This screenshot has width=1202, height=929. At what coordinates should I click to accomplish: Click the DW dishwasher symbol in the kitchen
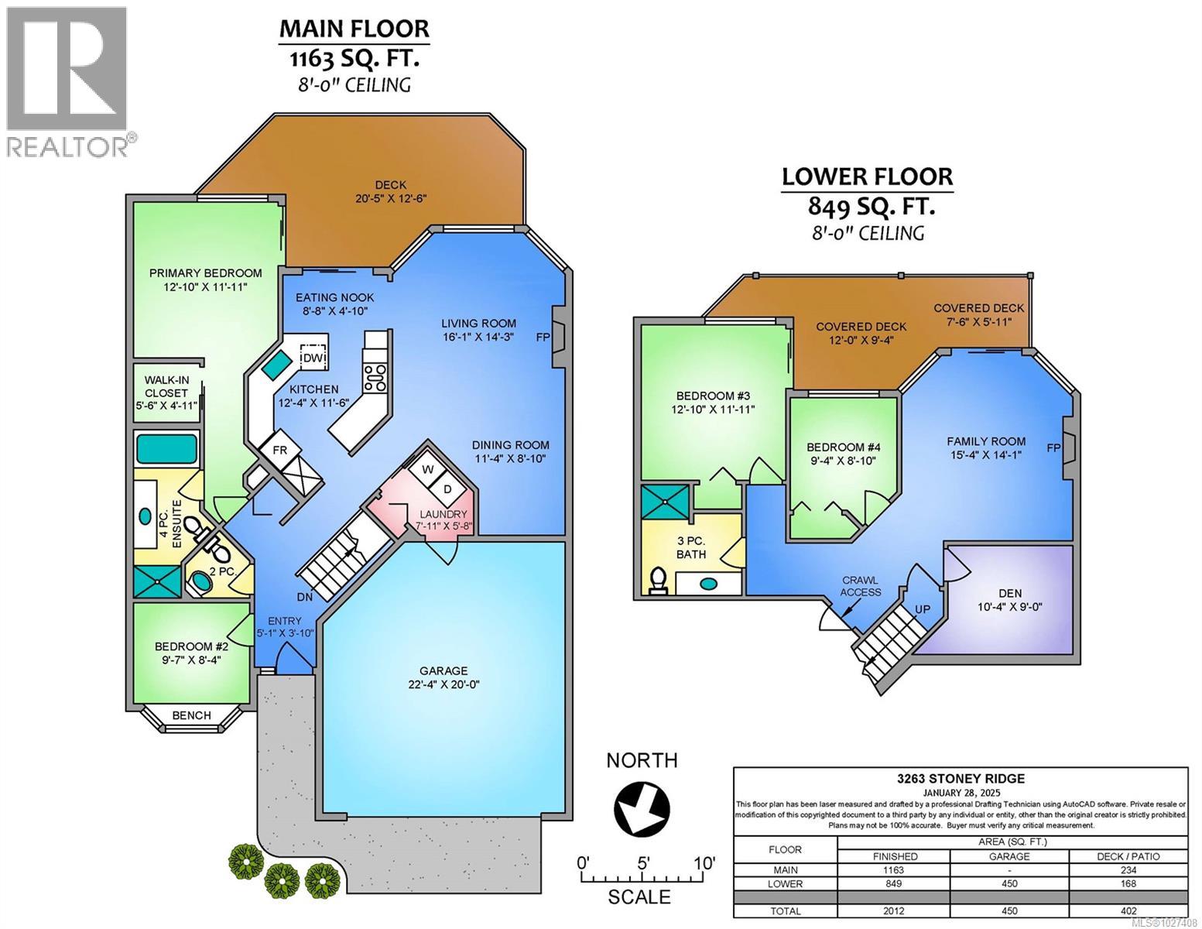point(313,358)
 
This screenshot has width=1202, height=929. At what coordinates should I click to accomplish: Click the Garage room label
point(443,670)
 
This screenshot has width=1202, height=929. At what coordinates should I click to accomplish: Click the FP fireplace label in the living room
point(543,338)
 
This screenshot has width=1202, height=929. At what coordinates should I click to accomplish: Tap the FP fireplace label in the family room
point(1053,447)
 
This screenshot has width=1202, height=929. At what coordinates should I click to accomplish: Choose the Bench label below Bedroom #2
point(191,715)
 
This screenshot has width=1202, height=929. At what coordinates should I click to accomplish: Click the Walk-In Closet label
point(166,393)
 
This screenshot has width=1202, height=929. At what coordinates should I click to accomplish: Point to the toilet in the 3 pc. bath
point(659,581)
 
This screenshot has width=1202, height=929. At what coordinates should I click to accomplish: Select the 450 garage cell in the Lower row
point(1009,883)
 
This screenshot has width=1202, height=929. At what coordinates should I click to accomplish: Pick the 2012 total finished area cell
point(893,911)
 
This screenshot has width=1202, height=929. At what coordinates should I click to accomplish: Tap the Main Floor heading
point(354,29)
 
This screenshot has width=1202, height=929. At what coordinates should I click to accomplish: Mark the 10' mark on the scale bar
point(704,862)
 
